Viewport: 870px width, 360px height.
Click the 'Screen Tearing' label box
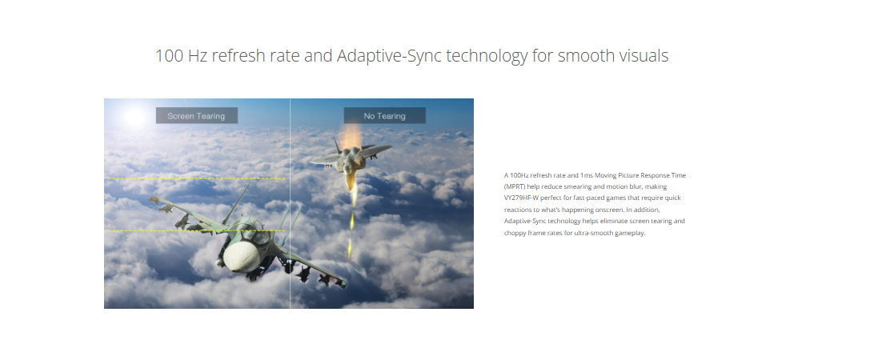pyautogui.click(x=196, y=115)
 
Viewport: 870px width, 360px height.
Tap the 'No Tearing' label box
pyautogui.click(x=384, y=115)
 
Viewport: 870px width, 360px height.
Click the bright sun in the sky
pyautogui.click(x=134, y=115)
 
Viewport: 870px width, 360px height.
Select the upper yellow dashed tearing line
pyautogui.click(x=195, y=178)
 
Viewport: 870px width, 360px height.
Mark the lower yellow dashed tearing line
pyautogui.click(x=195, y=230)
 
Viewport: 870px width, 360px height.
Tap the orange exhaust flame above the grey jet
pyautogui.click(x=350, y=137)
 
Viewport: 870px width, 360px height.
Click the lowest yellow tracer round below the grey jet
pyautogui.click(x=349, y=249)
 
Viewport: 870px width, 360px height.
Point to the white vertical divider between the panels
pyautogui.click(x=290, y=203)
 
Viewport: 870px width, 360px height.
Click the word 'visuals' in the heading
pyautogui.click(x=641, y=55)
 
